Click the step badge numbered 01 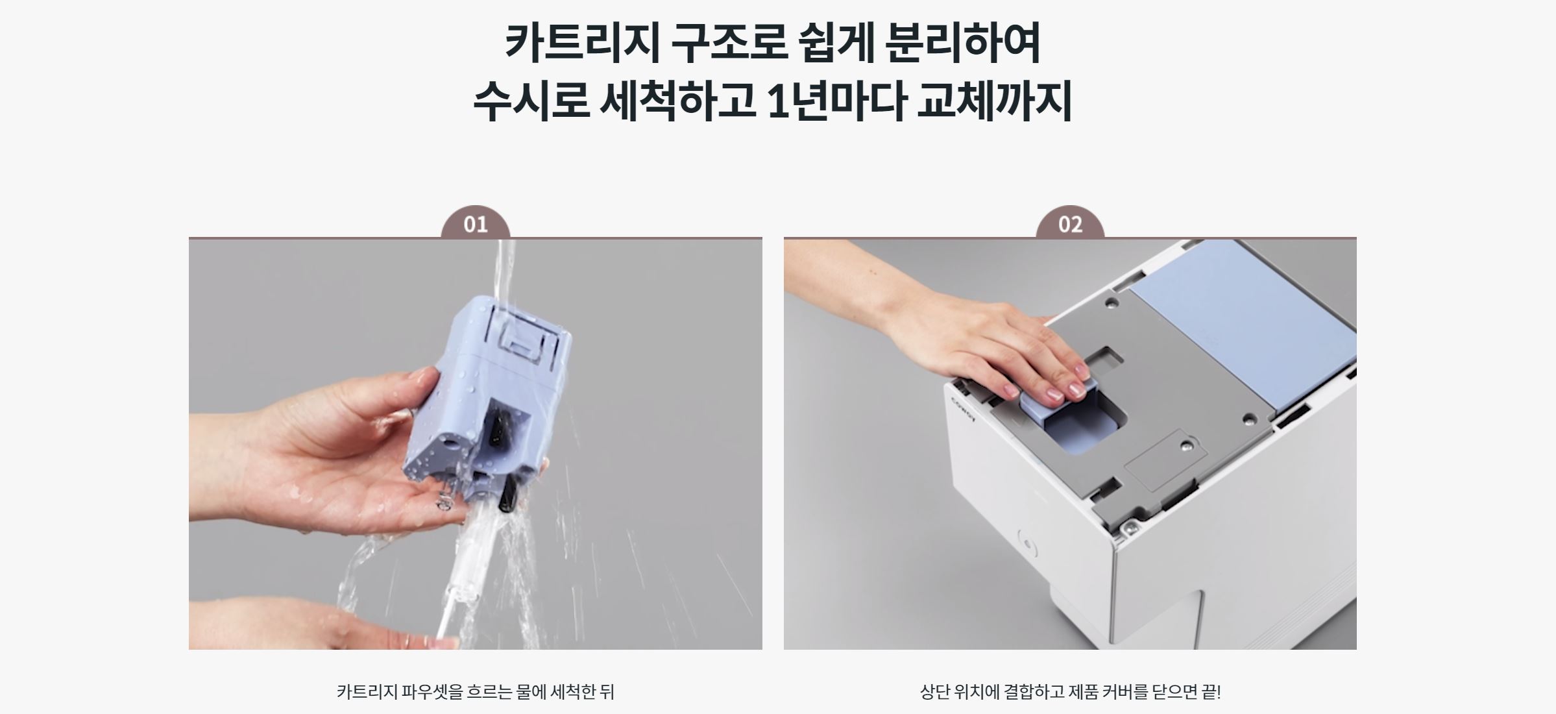click(475, 225)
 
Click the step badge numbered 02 click(1070, 225)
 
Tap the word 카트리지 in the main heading click(581, 43)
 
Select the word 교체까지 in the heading click(993, 102)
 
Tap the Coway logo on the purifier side click(963, 410)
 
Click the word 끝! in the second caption click(1211, 692)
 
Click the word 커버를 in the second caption click(1124, 692)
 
